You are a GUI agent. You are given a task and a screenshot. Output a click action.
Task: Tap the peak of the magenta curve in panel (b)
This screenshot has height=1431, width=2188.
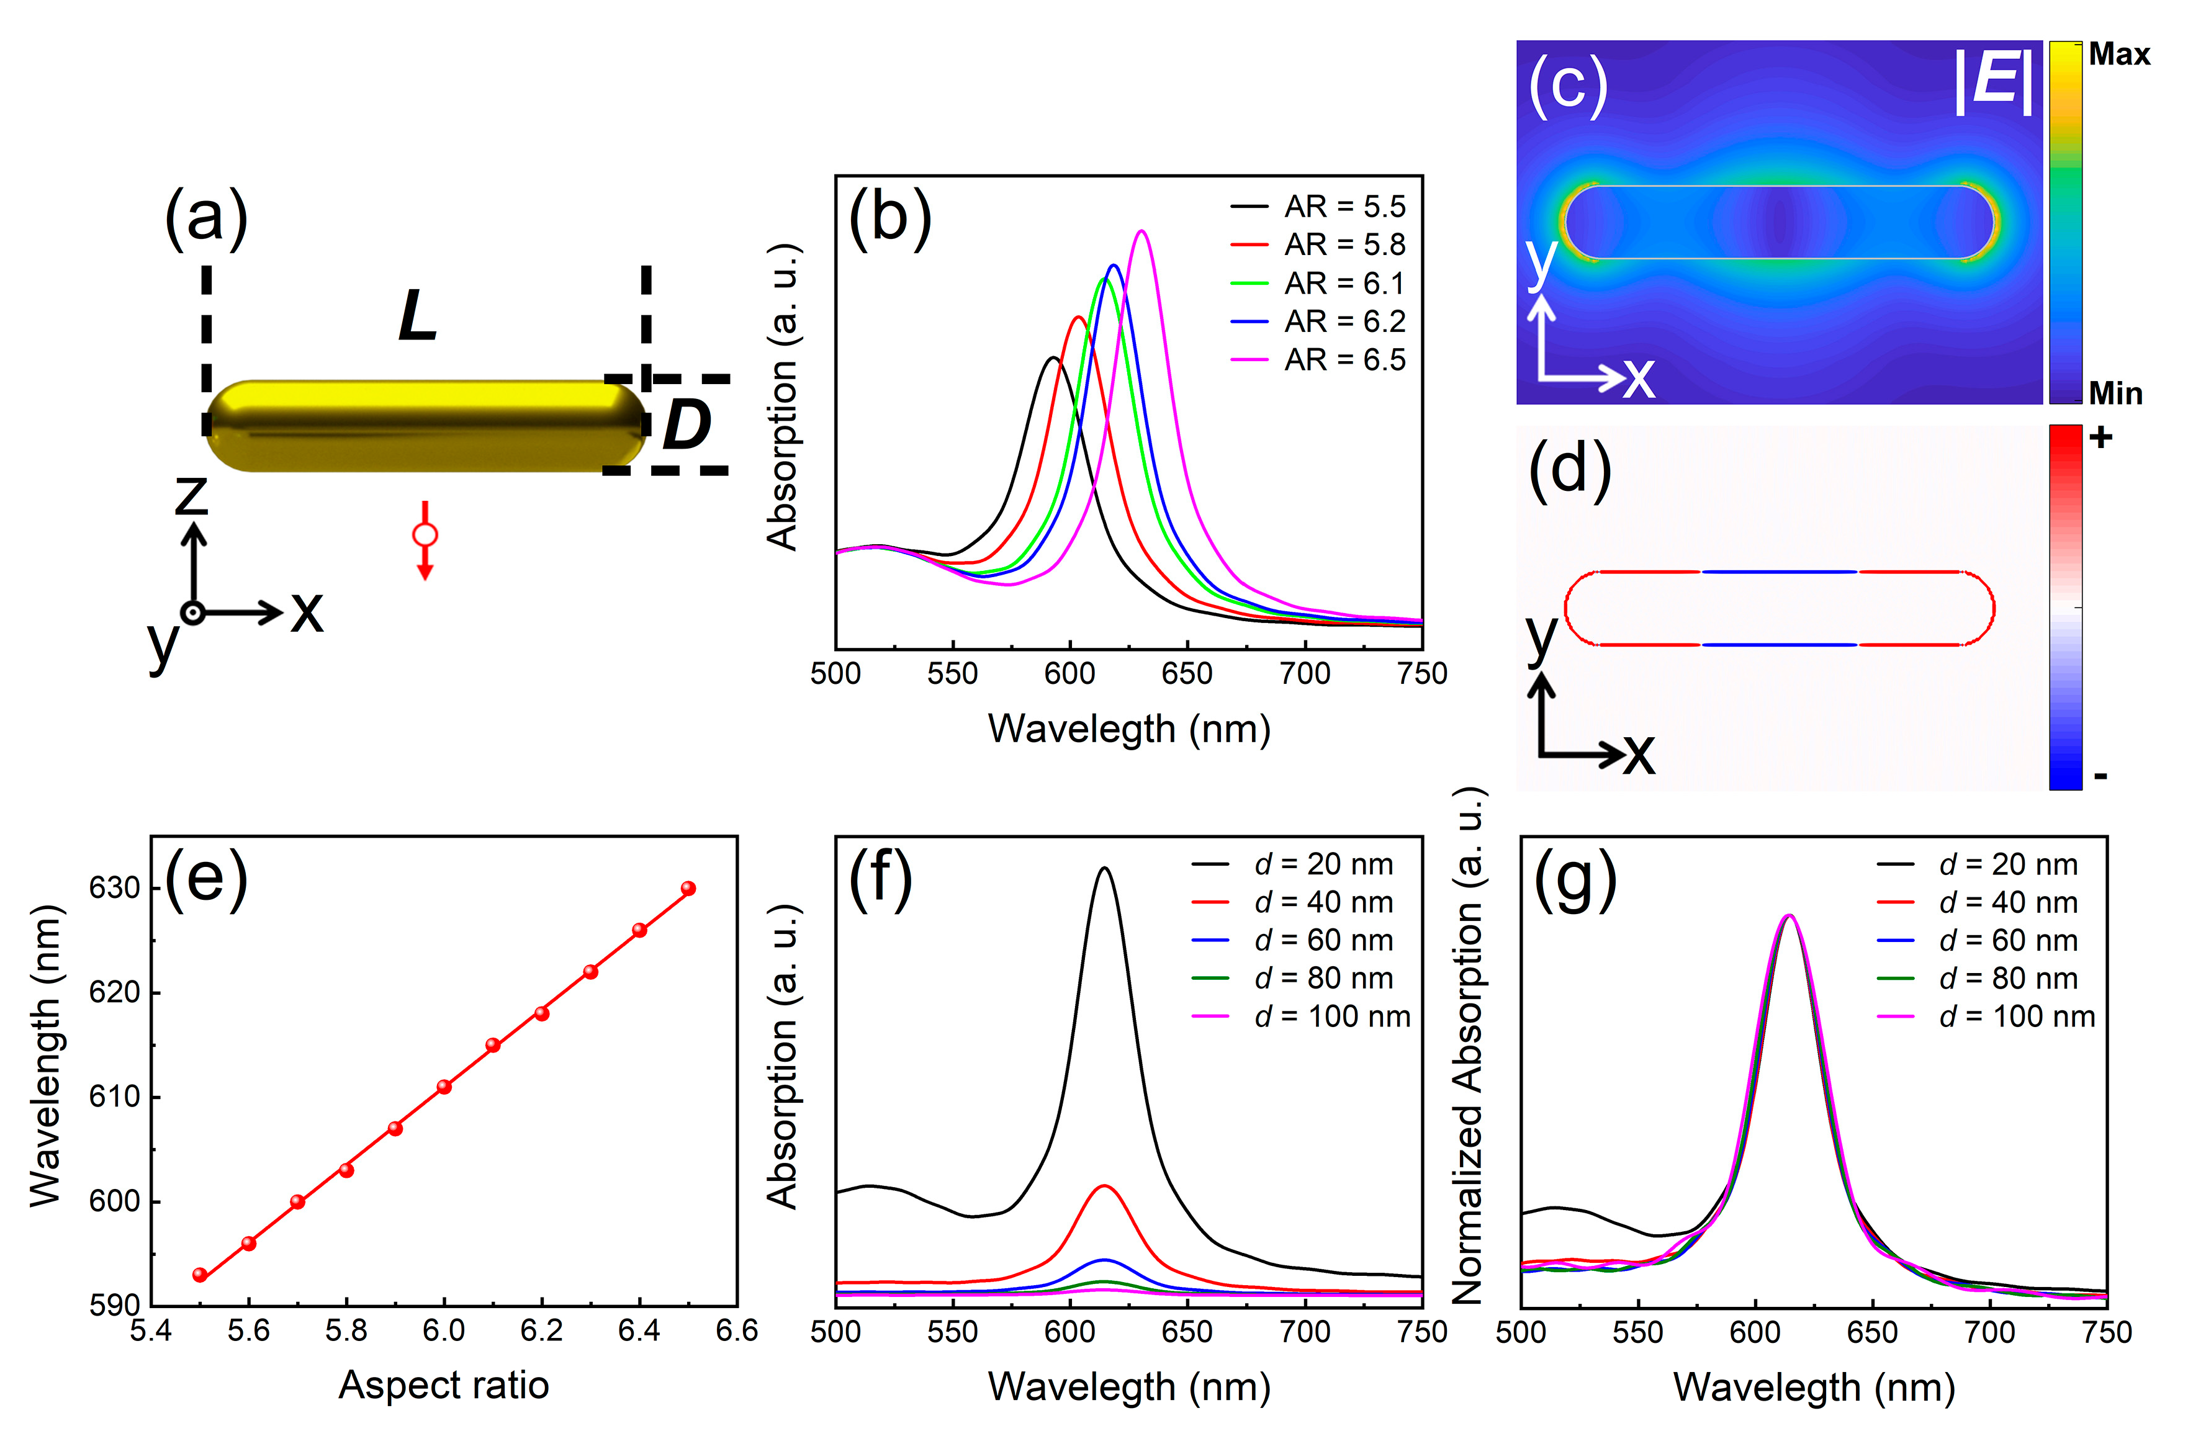1142,231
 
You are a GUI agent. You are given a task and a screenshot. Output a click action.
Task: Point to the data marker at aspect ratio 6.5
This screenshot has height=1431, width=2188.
688,888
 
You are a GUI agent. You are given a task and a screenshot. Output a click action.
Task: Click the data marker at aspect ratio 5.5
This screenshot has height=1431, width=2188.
199,1275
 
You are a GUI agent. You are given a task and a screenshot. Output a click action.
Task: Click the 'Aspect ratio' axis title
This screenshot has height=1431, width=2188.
443,1384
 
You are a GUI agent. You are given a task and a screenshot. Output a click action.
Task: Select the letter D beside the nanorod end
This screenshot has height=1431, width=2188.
686,424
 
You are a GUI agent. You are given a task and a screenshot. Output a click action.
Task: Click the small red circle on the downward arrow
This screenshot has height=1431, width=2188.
425,535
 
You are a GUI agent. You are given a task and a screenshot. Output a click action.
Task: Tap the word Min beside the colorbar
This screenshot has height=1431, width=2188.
2115,393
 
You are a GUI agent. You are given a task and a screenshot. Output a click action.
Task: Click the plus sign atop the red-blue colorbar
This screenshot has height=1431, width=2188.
2100,437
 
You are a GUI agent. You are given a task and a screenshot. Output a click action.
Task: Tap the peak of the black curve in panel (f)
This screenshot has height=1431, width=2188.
1104,868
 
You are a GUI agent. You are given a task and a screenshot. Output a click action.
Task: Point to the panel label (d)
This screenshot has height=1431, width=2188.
1569,468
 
